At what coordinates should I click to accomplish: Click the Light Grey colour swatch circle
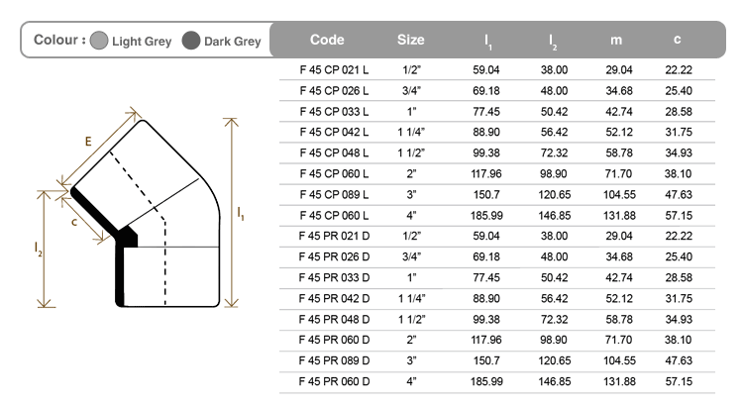point(99,41)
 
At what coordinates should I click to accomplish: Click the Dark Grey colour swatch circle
point(191,41)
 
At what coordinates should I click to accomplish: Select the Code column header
point(327,40)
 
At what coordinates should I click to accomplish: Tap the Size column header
point(411,40)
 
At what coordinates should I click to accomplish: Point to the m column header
point(616,41)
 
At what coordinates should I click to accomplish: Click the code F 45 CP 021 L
point(334,70)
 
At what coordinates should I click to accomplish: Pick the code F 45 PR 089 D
point(334,361)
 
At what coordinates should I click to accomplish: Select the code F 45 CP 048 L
point(334,153)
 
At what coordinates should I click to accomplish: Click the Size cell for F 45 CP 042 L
point(411,132)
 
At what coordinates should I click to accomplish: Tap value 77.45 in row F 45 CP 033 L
point(486,112)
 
